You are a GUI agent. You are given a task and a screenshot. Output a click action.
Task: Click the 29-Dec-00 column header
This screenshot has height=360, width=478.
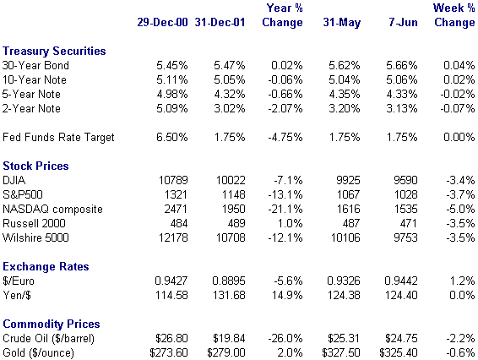162,22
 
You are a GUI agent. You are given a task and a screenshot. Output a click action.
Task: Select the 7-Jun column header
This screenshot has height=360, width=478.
403,22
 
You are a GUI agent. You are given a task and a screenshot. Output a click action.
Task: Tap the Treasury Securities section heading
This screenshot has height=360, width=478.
54,52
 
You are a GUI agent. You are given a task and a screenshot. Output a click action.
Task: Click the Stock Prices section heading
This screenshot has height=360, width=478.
35,166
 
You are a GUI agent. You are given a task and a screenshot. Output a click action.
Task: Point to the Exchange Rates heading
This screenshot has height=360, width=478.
46,266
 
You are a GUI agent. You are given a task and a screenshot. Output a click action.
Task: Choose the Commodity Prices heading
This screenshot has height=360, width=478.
52,324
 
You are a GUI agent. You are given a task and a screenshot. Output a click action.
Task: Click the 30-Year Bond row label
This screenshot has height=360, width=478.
35,65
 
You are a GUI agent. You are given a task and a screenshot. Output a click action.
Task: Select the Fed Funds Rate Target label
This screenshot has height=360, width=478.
58,137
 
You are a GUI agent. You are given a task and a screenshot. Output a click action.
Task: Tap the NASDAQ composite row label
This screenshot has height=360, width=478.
52,210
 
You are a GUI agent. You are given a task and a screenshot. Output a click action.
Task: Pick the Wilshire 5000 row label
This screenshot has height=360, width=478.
35,237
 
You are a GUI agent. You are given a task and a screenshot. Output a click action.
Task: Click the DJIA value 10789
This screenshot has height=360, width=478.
173,180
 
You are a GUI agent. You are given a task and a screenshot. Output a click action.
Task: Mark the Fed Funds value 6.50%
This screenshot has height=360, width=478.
172,137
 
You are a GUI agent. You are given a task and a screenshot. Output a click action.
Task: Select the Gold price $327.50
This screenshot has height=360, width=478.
341,352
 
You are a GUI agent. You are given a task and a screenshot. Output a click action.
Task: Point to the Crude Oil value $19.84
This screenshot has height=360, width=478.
229,338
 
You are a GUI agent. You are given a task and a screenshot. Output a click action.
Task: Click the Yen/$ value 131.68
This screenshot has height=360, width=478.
229,295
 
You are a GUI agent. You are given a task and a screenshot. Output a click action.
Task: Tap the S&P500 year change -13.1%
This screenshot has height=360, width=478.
285,194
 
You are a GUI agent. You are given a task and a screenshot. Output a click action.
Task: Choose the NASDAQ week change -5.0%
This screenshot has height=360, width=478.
460,209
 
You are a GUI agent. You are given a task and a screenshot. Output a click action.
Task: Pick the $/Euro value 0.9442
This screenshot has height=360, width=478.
401,281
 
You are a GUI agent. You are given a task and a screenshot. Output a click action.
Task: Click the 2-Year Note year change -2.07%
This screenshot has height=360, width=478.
285,109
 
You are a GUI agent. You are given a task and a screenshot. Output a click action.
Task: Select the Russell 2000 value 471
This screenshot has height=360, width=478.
409,223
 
